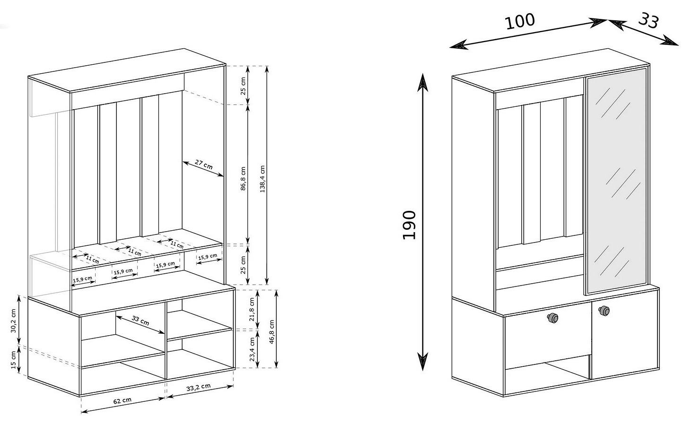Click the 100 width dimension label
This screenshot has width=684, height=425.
[520, 21]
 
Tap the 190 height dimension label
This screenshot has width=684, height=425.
[410, 225]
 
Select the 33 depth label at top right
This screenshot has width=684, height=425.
[648, 21]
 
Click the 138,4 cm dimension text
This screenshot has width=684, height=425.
[263, 179]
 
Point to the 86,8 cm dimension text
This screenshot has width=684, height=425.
[243, 179]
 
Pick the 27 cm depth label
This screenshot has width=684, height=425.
[204, 165]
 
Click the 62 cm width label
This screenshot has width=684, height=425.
[123, 400]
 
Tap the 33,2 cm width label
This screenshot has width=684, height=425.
[199, 387]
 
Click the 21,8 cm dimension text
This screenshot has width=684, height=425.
[252, 309]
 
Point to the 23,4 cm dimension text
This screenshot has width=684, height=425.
[252, 349]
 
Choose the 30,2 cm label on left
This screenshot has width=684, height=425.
[13, 321]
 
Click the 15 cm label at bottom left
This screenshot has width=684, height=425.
[13, 360]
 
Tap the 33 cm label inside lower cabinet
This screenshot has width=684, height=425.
[140, 321]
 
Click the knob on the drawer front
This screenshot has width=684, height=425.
[552, 318]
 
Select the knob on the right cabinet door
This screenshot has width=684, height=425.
[604, 311]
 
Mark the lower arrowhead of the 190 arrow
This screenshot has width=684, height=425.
[422, 362]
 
